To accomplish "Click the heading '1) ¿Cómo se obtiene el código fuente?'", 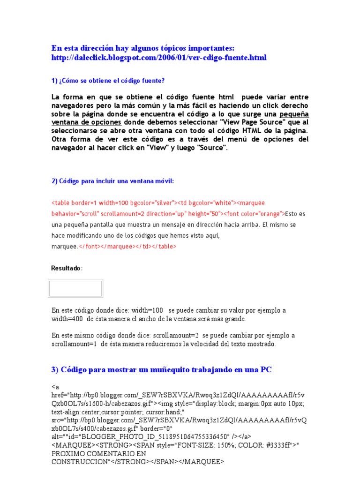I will coord(108,81).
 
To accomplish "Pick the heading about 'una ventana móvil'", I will coord(112,181).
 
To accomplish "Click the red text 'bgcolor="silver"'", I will coord(153,203).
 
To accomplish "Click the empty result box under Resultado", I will coord(75,288).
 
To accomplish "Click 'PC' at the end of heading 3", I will coord(266,370).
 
